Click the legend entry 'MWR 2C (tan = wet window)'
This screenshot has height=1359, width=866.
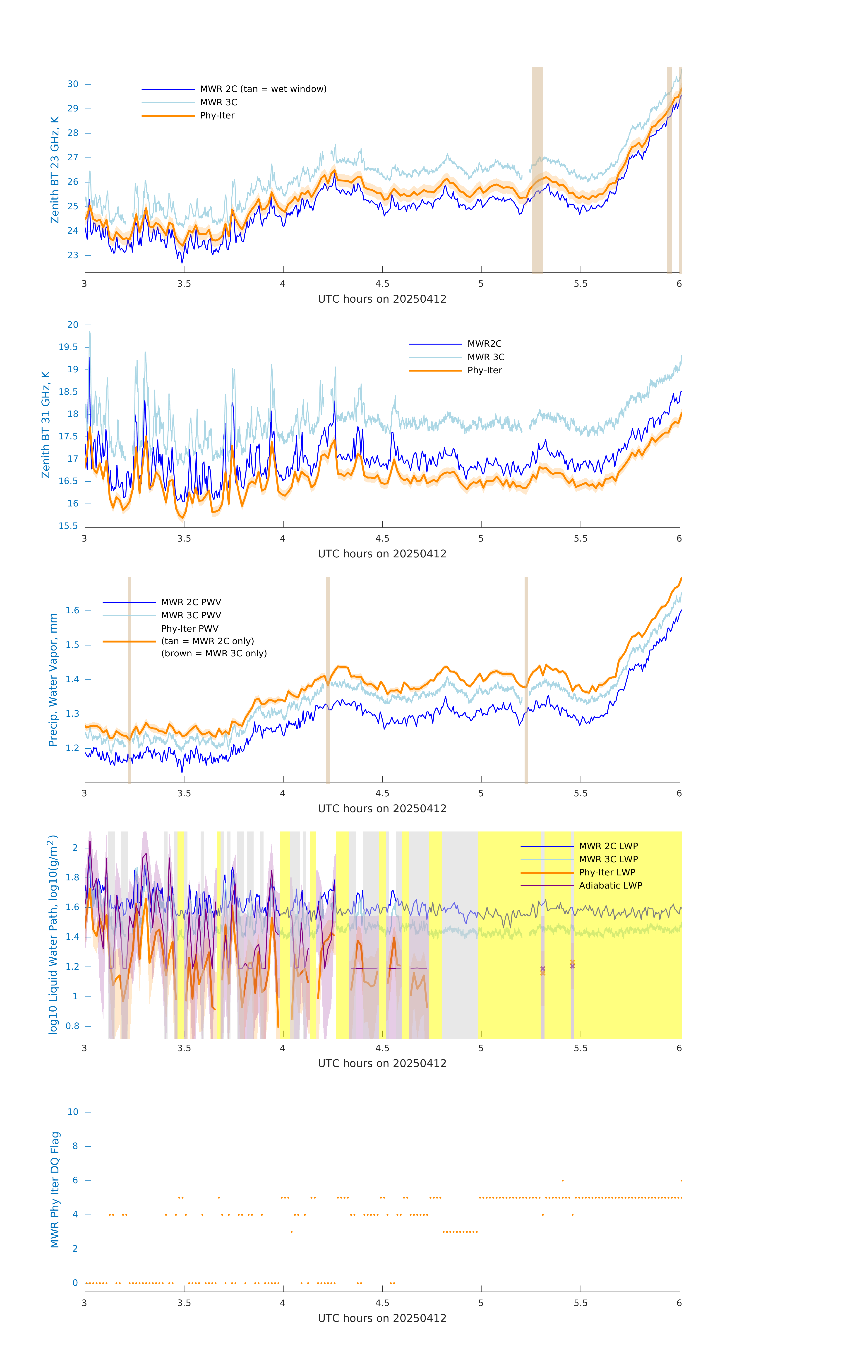(263, 89)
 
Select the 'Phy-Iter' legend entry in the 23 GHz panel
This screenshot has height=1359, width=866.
(217, 116)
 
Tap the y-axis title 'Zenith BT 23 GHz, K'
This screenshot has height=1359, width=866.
(55, 170)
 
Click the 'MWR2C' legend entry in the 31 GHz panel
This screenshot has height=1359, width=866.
(484, 344)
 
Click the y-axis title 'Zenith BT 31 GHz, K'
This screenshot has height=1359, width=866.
(46, 424)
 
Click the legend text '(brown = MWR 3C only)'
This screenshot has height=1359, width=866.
(214, 653)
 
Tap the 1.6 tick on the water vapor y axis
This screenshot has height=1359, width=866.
(72, 611)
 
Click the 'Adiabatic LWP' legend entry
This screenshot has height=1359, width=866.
(610, 885)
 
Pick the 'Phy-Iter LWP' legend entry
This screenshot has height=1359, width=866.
(607, 872)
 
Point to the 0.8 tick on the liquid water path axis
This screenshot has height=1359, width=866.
(72, 1026)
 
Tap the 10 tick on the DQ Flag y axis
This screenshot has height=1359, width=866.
(73, 1112)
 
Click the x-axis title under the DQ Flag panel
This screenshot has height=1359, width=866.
(382, 1318)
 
